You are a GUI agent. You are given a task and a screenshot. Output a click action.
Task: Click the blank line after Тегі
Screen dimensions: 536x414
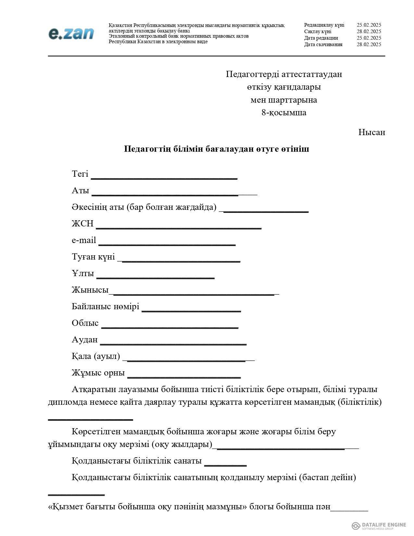click(164, 177)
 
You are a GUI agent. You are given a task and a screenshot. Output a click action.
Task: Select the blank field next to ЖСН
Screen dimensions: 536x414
click(179, 227)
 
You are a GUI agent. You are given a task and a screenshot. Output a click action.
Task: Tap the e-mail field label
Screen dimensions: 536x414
click(84, 240)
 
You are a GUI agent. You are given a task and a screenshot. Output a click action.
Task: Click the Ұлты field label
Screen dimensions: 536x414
click(83, 274)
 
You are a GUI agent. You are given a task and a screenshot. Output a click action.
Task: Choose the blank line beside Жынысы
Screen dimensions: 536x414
click(194, 293)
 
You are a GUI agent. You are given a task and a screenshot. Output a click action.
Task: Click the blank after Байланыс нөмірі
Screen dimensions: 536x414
click(191, 310)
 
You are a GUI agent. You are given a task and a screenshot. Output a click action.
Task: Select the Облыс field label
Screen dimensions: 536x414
click(85, 323)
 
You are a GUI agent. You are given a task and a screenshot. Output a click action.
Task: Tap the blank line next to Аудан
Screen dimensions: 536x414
click(173, 343)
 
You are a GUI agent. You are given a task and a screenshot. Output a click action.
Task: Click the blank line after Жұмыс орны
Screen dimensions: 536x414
click(184, 376)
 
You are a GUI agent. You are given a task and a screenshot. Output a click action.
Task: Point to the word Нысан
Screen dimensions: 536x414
click(371, 133)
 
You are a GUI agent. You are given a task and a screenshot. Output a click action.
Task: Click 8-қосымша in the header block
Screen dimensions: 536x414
click(284, 113)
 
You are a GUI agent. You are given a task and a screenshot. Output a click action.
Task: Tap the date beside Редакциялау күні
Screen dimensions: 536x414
click(369, 25)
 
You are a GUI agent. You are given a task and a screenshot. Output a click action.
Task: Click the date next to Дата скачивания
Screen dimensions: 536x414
click(369, 45)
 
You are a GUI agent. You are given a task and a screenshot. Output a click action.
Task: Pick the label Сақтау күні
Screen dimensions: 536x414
click(318, 32)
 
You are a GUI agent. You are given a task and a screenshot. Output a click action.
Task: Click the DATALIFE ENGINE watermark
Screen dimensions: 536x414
click(379, 525)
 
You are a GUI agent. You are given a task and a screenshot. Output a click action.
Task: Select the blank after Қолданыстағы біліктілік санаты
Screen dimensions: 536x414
click(225, 465)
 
